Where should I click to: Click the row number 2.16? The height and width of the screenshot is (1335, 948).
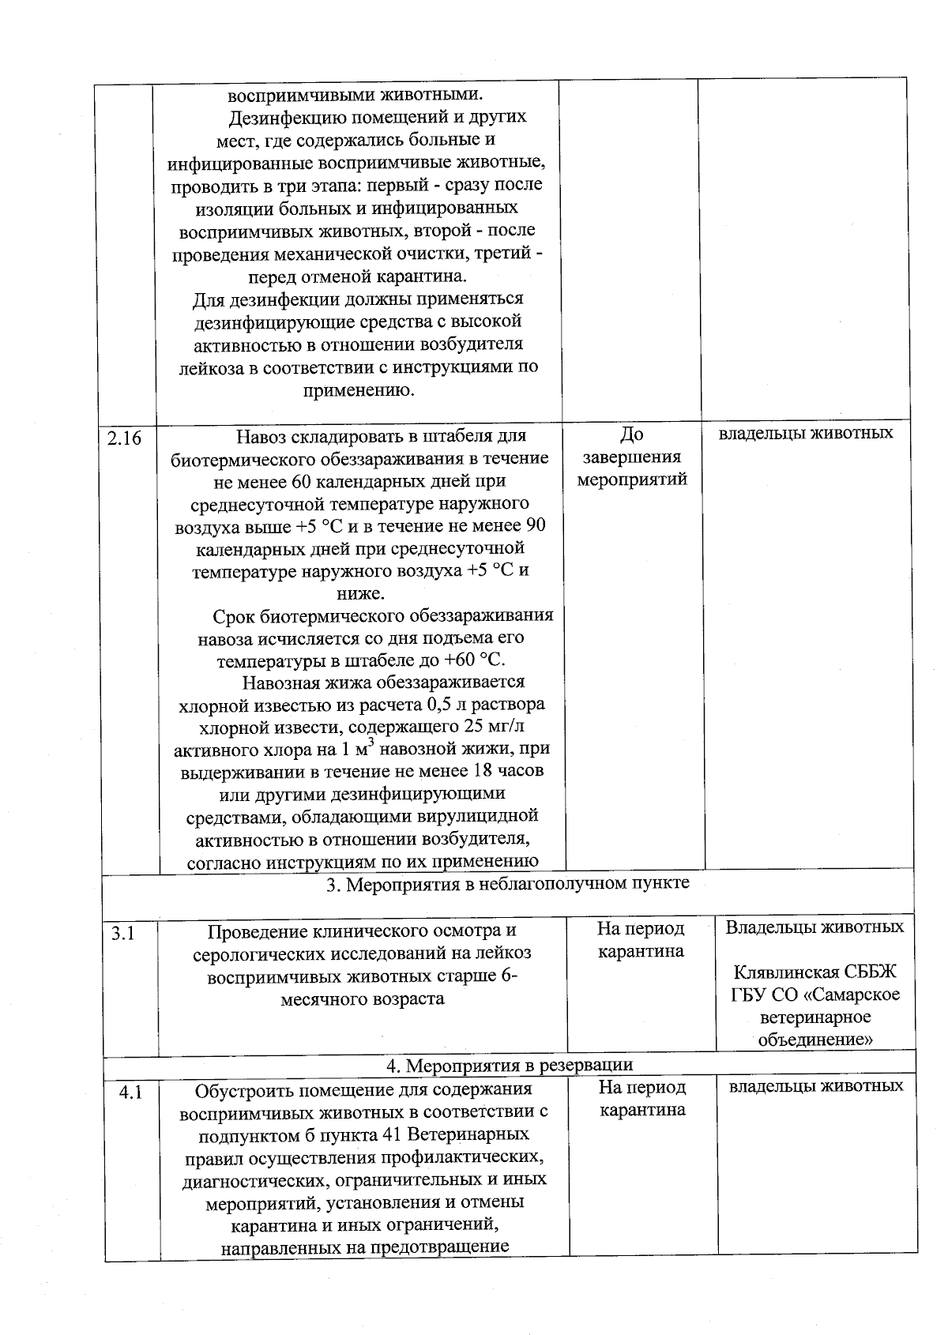(x=124, y=437)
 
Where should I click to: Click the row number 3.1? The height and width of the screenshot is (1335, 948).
(x=123, y=934)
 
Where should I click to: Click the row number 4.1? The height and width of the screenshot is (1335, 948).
(x=130, y=1093)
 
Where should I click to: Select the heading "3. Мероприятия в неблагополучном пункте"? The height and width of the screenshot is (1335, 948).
(x=508, y=883)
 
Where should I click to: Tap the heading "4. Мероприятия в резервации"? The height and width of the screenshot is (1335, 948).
(x=509, y=1066)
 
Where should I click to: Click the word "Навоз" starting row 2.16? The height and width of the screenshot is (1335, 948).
(x=261, y=436)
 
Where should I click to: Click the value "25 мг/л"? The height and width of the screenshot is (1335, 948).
(x=489, y=727)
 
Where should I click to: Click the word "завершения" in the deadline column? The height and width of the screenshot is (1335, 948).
(x=631, y=457)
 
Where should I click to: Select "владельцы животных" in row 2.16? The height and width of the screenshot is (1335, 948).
(x=806, y=433)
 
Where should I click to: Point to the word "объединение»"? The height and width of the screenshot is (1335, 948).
(x=815, y=1040)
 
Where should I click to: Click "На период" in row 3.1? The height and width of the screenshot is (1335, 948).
(x=641, y=929)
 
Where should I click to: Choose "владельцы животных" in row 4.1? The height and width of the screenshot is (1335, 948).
(x=815, y=1086)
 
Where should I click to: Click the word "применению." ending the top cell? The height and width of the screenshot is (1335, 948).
(x=359, y=390)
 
